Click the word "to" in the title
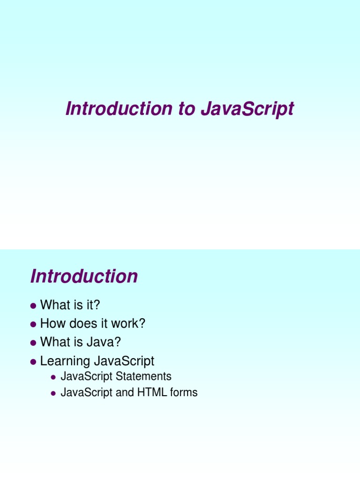[x=186, y=109]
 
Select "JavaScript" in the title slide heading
[x=247, y=109]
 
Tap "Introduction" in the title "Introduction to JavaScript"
[x=119, y=109]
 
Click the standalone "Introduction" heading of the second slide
[x=84, y=276]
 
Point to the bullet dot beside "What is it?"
[x=33, y=306]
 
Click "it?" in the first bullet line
[x=92, y=305]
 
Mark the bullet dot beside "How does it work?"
[x=33, y=324]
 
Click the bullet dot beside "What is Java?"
[x=33, y=343]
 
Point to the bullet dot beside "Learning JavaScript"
[x=33, y=362]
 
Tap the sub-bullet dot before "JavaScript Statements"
[x=53, y=377]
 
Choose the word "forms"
[x=184, y=392]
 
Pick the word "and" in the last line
[x=125, y=392]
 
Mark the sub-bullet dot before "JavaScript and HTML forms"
[x=53, y=393]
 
